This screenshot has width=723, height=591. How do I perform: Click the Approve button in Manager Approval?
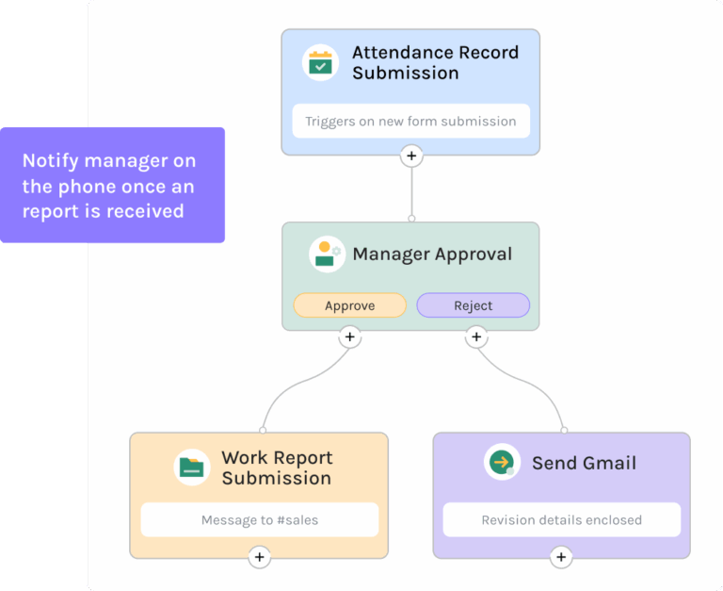tap(349, 305)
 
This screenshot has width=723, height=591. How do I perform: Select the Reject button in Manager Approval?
tap(473, 305)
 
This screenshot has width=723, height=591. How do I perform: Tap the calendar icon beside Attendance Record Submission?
tap(320, 63)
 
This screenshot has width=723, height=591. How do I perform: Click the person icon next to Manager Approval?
tap(326, 254)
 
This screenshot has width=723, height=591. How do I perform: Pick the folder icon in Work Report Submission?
tap(192, 468)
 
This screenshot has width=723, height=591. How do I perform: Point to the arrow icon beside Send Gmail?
tap(502, 463)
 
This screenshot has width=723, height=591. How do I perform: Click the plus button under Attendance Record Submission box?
tap(411, 156)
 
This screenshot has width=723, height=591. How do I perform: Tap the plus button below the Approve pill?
tap(349, 337)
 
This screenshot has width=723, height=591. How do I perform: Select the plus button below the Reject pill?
tap(476, 337)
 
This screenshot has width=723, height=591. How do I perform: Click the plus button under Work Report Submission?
tap(260, 558)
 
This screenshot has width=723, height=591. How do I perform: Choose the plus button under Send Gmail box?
tap(561, 558)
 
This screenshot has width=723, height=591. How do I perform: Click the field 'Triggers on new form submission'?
tap(410, 121)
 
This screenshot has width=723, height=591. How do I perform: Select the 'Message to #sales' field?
tap(260, 519)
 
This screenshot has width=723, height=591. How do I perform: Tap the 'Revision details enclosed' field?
tap(561, 519)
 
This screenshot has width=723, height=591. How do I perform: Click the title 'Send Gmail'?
tap(584, 463)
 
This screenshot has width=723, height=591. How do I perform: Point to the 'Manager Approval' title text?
tap(432, 254)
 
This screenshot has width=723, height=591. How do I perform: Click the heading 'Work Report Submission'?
tap(277, 468)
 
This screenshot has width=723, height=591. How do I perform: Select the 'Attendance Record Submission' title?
tap(435, 63)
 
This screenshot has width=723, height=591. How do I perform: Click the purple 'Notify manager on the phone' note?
tap(112, 186)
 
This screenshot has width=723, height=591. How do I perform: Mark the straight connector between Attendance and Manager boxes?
tap(411, 193)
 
